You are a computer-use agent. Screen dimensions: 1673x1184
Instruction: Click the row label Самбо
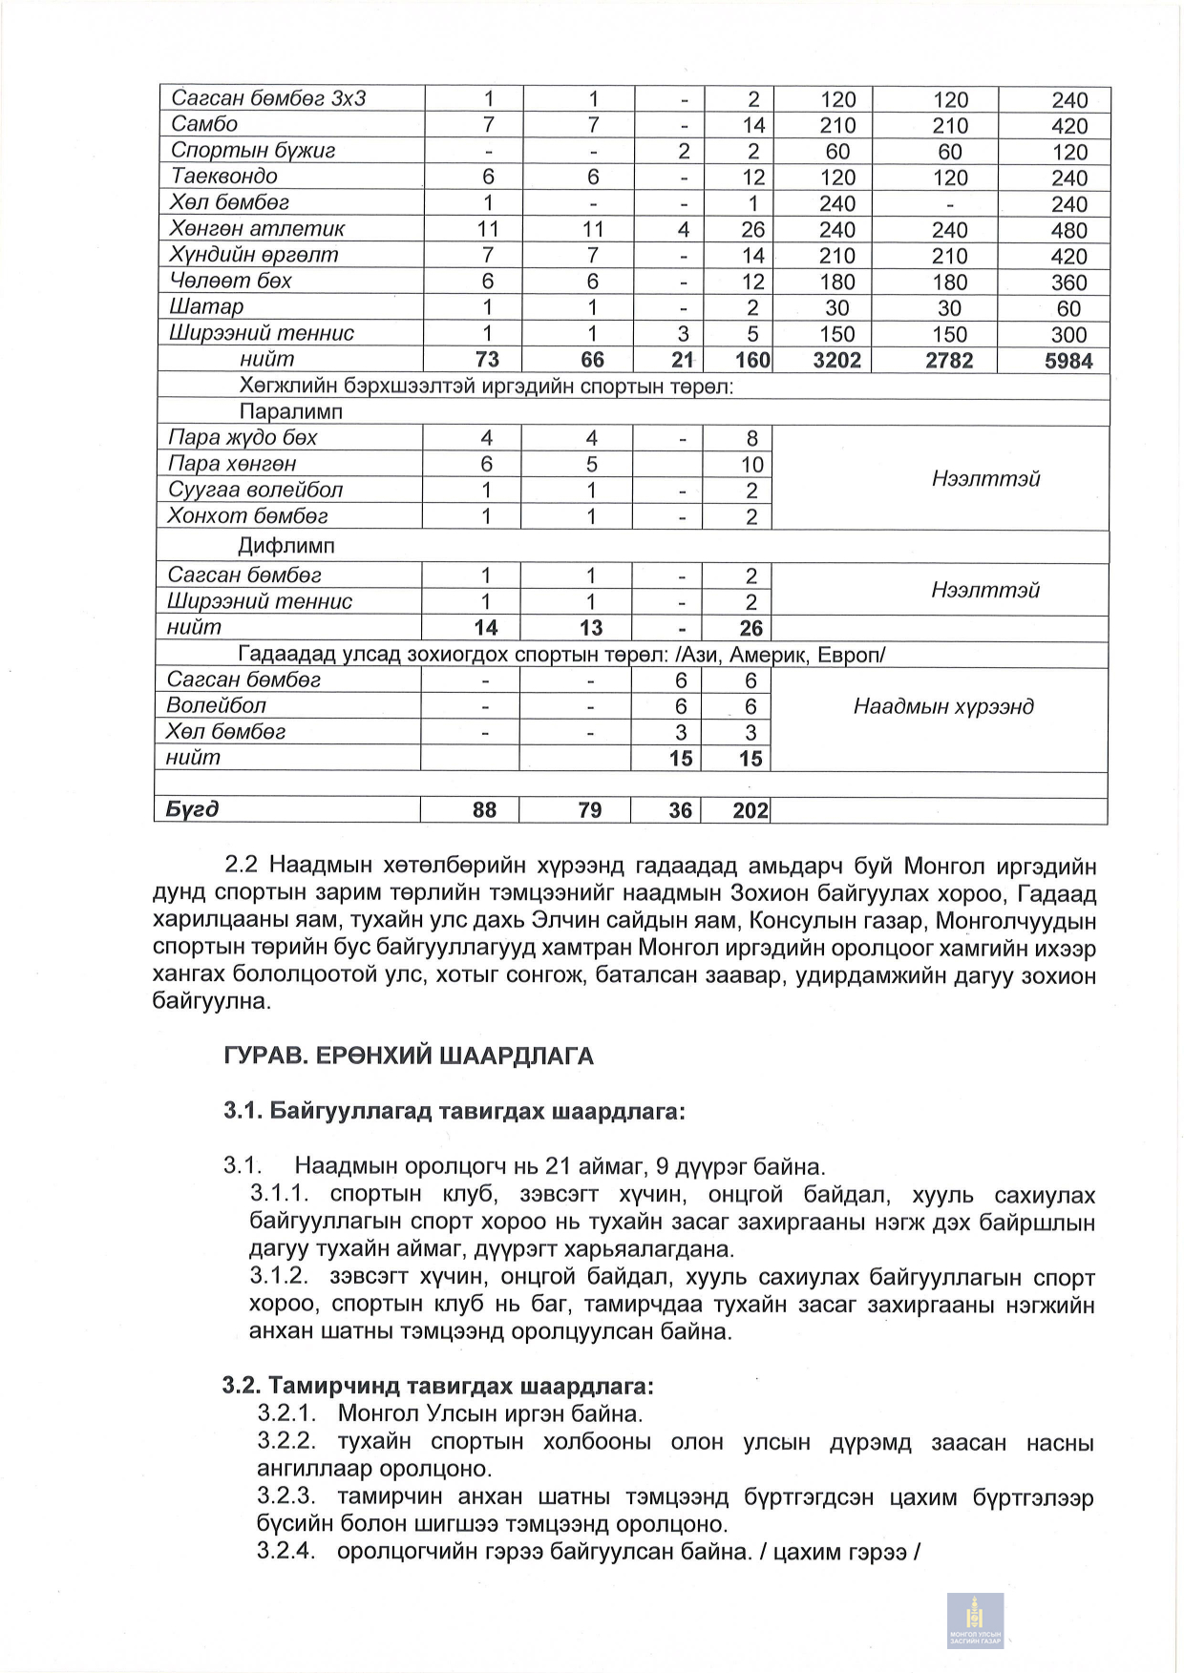tap(204, 124)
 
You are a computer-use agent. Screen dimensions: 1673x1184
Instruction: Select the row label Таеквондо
tap(224, 177)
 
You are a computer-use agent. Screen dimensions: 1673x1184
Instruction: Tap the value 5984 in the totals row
tap(1068, 361)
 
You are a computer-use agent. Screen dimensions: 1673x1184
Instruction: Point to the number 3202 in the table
tap(836, 361)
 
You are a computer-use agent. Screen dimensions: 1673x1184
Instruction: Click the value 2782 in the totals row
tap(949, 361)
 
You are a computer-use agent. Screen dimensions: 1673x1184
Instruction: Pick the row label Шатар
tap(206, 307)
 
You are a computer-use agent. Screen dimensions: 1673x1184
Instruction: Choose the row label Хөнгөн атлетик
tap(257, 229)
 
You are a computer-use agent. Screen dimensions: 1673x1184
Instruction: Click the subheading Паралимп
tap(290, 412)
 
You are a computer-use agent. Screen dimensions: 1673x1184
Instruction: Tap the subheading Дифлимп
tap(286, 547)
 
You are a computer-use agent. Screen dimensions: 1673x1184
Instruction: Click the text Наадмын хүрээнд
tap(943, 707)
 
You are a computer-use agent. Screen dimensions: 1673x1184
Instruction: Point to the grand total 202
tap(751, 810)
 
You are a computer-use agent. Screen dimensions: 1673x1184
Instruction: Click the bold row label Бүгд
tap(192, 809)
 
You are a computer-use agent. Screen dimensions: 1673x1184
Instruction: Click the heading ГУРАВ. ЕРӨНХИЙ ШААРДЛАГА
tap(408, 1056)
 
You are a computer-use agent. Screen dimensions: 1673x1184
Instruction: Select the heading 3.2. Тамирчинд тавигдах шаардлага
tap(438, 1386)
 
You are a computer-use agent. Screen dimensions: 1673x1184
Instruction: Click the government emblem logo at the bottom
tap(975, 1619)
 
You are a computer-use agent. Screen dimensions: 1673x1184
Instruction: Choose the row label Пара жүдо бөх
tap(243, 438)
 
